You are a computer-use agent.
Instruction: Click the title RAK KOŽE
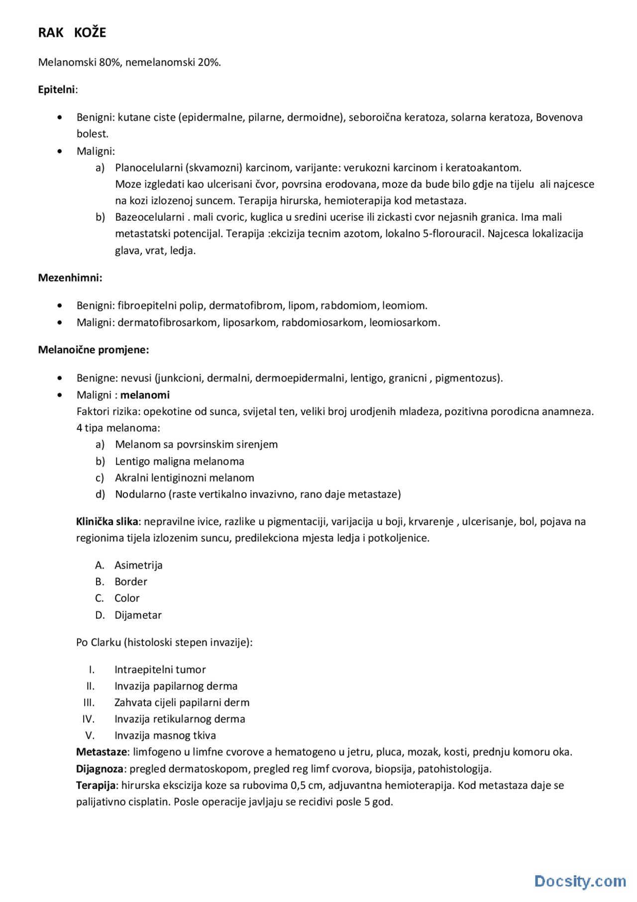click(72, 33)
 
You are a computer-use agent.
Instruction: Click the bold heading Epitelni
click(57, 90)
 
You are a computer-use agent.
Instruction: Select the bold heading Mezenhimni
click(70, 278)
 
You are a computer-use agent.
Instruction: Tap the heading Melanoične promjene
click(94, 350)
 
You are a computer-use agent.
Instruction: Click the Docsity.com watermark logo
click(580, 881)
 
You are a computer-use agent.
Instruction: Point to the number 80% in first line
click(109, 62)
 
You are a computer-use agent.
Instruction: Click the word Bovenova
click(559, 118)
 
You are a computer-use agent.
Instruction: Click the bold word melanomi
click(145, 395)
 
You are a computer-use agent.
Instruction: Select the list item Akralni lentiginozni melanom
click(184, 478)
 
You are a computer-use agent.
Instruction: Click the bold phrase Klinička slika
click(107, 521)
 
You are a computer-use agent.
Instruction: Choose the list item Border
click(131, 582)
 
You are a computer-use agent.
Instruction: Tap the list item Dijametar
click(138, 615)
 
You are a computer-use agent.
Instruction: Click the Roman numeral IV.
click(89, 719)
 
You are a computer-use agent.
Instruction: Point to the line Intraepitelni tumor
click(160, 670)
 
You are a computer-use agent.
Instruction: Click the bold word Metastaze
click(103, 752)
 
